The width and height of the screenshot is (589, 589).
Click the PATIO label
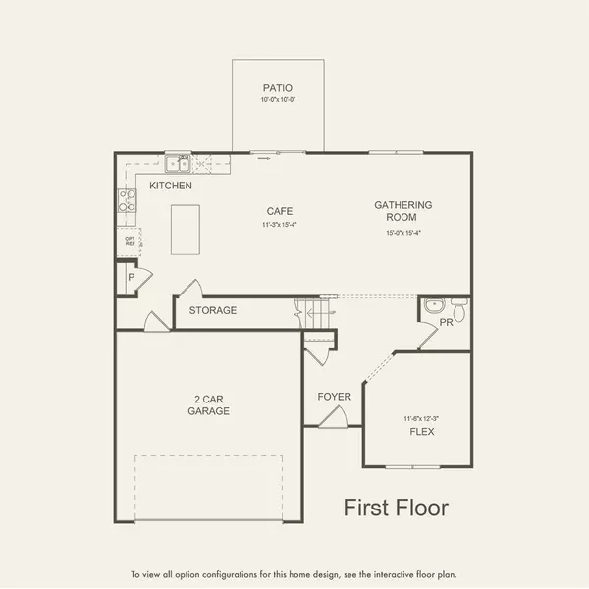tap(277, 87)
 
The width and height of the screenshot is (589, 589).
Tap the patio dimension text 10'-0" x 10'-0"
tap(277, 100)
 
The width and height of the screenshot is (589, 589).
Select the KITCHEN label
tap(171, 186)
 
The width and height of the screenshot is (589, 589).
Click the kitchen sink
tap(178, 164)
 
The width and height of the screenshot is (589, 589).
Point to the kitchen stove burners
tap(128, 200)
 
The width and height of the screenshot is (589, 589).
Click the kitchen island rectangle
tap(185, 229)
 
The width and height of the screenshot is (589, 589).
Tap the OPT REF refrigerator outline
tap(130, 241)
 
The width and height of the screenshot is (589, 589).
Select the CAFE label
tap(280, 211)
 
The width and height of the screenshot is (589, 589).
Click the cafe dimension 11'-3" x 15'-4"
tap(280, 225)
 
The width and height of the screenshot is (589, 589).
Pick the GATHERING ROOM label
tap(402, 211)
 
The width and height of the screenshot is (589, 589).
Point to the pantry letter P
tap(130, 279)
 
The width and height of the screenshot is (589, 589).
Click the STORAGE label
tap(213, 310)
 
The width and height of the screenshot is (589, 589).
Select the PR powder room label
tap(446, 322)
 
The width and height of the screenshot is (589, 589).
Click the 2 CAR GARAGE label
tap(210, 404)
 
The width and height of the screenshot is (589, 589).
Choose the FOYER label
tap(334, 397)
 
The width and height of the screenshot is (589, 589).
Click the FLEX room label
tap(422, 432)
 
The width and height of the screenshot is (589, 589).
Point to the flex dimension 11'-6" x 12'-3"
tap(420, 419)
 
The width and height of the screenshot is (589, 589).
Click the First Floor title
tap(396, 508)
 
